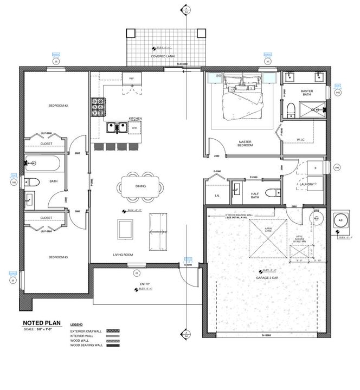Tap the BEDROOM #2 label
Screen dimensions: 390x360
[x=57, y=106]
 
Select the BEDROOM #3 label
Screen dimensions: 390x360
[x=57, y=257]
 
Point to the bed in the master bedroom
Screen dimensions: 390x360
[x=242, y=97]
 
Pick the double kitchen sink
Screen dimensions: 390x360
[x=117, y=128]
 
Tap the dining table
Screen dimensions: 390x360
[x=139, y=187]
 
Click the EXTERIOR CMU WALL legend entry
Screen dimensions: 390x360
[x=86, y=330]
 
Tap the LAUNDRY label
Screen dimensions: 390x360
[x=307, y=184]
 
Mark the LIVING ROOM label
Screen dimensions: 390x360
[x=123, y=255]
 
